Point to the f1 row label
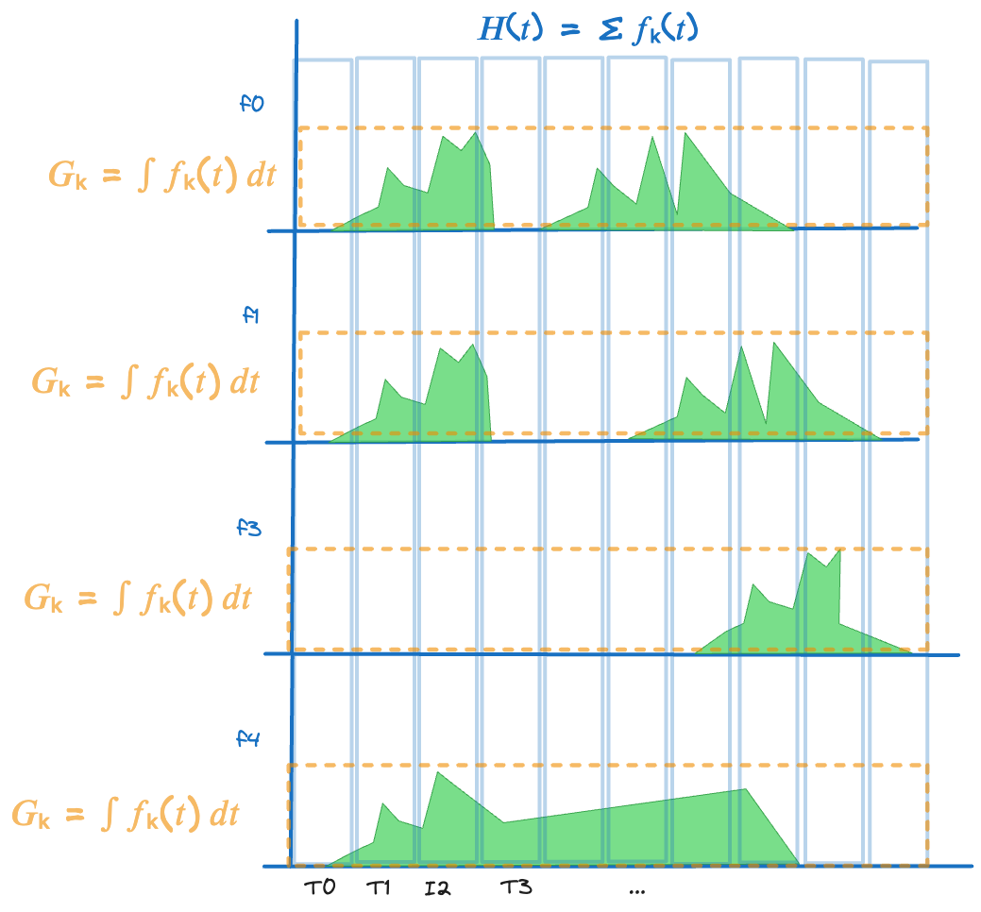point(251,314)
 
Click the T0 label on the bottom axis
point(320,887)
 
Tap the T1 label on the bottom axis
point(379,887)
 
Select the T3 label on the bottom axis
point(516,887)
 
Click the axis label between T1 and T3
point(437,887)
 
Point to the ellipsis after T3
point(635,890)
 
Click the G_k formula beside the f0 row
point(161,176)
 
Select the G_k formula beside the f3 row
point(138,598)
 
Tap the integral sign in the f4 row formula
point(108,814)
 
